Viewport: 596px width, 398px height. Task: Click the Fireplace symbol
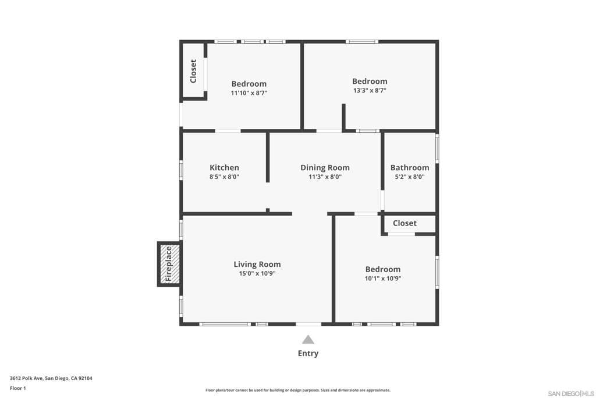click(x=168, y=264)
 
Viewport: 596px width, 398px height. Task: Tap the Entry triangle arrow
click(x=308, y=340)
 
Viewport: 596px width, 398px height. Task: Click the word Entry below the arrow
click(x=308, y=353)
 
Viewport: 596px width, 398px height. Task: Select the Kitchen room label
click(x=224, y=167)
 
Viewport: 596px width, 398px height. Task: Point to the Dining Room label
click(x=325, y=167)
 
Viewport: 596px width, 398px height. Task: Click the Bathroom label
click(x=410, y=167)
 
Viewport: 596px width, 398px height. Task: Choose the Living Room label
click(x=257, y=264)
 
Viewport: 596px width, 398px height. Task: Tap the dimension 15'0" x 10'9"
click(x=257, y=273)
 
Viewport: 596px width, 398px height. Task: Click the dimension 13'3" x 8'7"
click(x=369, y=90)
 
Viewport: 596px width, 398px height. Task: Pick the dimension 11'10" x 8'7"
click(x=249, y=93)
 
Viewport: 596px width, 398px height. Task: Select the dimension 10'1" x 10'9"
click(x=383, y=279)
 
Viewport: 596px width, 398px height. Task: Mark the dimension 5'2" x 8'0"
click(x=410, y=177)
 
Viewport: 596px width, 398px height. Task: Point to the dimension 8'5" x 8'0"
click(x=224, y=177)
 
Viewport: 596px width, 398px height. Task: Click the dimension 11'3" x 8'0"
click(x=325, y=177)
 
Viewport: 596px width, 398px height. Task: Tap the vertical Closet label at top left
click(x=193, y=71)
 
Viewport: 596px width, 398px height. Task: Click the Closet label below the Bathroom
click(x=405, y=223)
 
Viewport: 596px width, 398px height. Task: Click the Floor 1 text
click(x=18, y=388)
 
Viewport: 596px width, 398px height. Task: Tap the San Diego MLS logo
click(x=570, y=393)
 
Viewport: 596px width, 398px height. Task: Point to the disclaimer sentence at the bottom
click(x=297, y=390)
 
